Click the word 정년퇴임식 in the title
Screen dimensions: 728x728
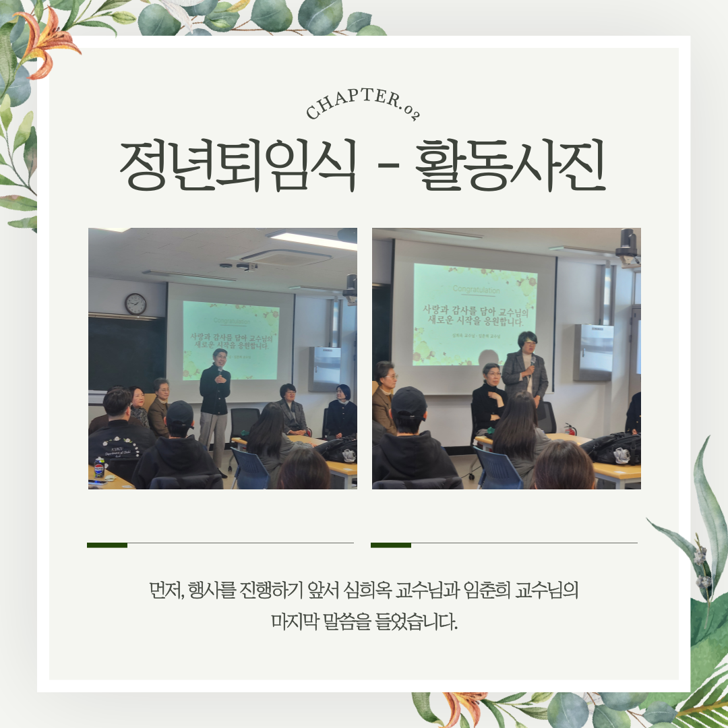pyautogui.click(x=237, y=166)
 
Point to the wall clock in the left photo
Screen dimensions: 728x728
pyautogui.click(x=135, y=304)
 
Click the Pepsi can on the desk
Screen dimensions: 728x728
pyautogui.click(x=99, y=466)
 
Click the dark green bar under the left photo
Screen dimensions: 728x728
pyautogui.click(x=107, y=545)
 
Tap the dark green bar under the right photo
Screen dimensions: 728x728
pyautogui.click(x=391, y=545)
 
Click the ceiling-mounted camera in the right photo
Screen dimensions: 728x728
pyautogui.click(x=628, y=247)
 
